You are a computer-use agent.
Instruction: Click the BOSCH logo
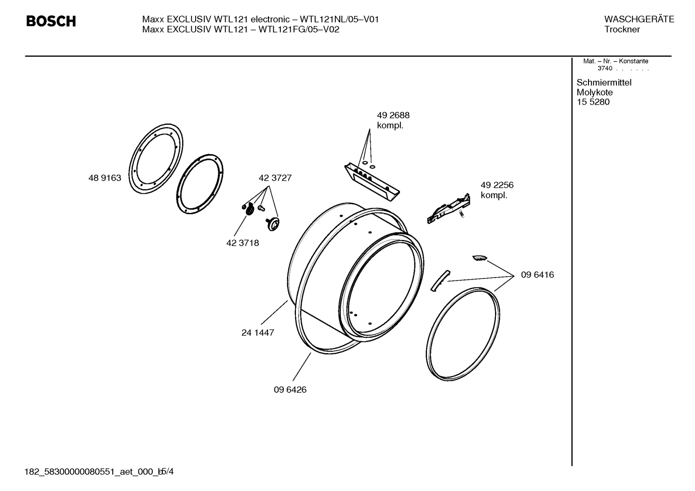click(x=51, y=22)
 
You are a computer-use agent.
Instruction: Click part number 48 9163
click(x=105, y=178)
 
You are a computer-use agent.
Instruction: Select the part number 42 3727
click(x=275, y=178)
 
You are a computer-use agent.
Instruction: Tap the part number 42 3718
click(x=242, y=243)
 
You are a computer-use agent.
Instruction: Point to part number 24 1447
click(x=257, y=332)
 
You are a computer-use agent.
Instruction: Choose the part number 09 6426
click(x=290, y=390)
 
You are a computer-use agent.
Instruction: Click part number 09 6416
click(x=537, y=275)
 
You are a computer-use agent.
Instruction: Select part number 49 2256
click(x=497, y=185)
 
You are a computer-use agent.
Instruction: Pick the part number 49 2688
click(x=393, y=115)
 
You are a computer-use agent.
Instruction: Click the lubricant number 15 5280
click(x=593, y=102)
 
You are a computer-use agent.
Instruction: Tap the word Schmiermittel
click(x=604, y=82)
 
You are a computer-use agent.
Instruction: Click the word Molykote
click(x=595, y=93)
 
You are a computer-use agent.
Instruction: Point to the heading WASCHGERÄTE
click(x=639, y=19)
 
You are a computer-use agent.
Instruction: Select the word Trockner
click(x=622, y=29)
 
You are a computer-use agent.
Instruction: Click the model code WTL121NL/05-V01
click(x=339, y=19)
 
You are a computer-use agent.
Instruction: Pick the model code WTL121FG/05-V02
click(x=299, y=29)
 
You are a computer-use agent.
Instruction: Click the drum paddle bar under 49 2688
click(x=372, y=180)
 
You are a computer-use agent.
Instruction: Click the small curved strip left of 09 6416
click(x=439, y=280)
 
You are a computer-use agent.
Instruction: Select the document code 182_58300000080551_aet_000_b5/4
click(x=99, y=471)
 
